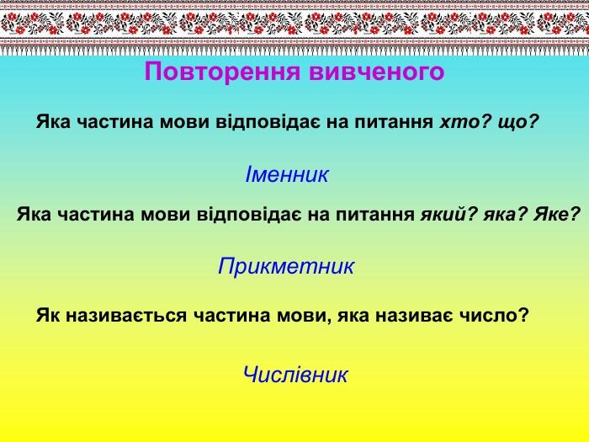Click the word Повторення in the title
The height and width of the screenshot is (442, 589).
tap(222, 72)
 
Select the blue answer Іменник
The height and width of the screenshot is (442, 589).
tap(287, 174)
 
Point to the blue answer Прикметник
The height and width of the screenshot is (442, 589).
tap(286, 267)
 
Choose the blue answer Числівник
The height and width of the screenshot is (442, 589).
tap(295, 375)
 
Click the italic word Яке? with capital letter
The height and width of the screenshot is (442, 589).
tap(557, 214)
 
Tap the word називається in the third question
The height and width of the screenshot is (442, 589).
tap(126, 316)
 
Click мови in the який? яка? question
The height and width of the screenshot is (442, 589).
tap(165, 215)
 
